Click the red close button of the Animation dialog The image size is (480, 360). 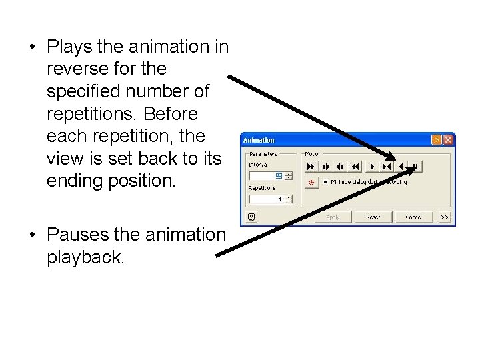(x=448, y=140)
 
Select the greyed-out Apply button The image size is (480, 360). (x=333, y=217)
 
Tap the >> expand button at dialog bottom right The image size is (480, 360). (x=445, y=217)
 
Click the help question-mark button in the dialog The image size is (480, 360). (x=251, y=216)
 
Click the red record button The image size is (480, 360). (x=310, y=181)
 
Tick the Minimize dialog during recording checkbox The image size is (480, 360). (x=325, y=181)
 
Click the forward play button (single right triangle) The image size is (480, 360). (x=372, y=166)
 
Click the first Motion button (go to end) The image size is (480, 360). (x=311, y=166)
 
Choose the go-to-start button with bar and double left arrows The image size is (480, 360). (x=355, y=166)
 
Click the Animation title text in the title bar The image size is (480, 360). (x=259, y=141)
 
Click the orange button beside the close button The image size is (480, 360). (x=437, y=140)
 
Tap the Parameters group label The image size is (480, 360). (x=263, y=155)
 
